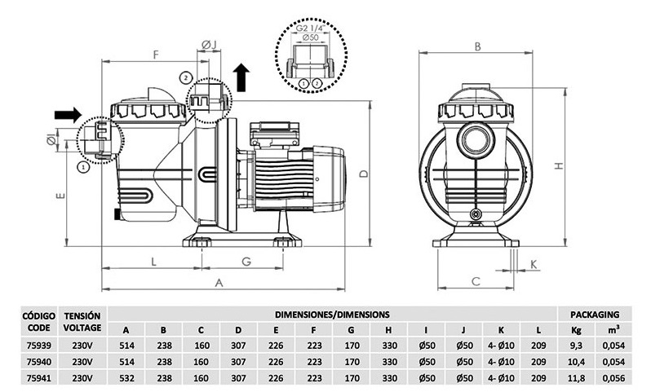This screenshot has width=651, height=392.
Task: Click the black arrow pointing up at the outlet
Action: (x=241, y=77)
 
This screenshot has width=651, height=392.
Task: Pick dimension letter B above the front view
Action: (x=476, y=47)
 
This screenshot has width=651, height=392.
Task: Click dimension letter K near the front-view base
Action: (x=533, y=264)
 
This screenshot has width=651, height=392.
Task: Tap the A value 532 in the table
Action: (x=126, y=378)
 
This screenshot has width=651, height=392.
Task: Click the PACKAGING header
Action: (x=595, y=313)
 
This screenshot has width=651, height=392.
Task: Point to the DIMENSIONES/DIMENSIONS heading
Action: (x=331, y=313)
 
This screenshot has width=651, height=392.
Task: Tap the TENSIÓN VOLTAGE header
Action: (x=82, y=321)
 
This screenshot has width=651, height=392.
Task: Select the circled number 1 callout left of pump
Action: (x=83, y=166)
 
